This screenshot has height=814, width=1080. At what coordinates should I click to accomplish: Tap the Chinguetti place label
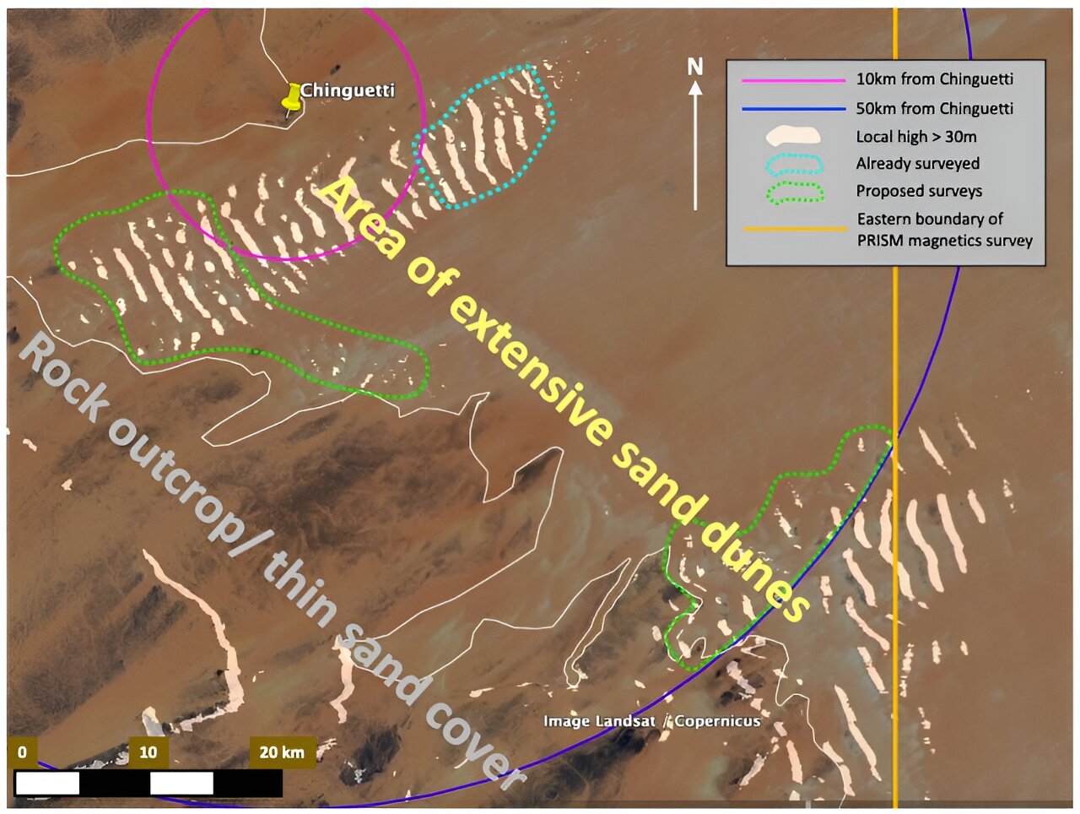pos(347,90)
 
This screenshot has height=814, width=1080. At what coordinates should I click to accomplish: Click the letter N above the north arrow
pos(695,66)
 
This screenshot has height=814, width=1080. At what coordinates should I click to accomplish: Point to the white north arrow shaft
pos(695,152)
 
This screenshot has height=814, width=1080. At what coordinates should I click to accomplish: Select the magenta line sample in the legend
pos(793,80)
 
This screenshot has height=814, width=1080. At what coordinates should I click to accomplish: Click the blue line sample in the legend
pos(793,109)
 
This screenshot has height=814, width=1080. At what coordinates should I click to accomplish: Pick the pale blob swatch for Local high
pos(792,135)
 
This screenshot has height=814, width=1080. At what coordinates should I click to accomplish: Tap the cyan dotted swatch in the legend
pos(793,164)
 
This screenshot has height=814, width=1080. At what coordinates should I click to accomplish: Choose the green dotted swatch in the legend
pos(793,192)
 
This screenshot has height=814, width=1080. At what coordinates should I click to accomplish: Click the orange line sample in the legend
pos(793,229)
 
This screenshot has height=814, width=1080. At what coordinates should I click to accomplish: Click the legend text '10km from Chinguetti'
pos(935,79)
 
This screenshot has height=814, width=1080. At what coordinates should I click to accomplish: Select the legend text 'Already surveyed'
pos(918,164)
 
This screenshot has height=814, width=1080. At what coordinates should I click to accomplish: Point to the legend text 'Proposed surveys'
pos(919,191)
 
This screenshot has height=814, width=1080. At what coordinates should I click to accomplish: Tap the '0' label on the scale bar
pos(22,752)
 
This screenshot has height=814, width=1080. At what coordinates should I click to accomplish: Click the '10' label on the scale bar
pos(148,752)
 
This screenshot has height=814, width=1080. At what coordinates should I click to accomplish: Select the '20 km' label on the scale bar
pos(282,752)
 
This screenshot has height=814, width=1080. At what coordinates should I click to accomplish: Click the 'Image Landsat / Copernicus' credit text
pos(651,721)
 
